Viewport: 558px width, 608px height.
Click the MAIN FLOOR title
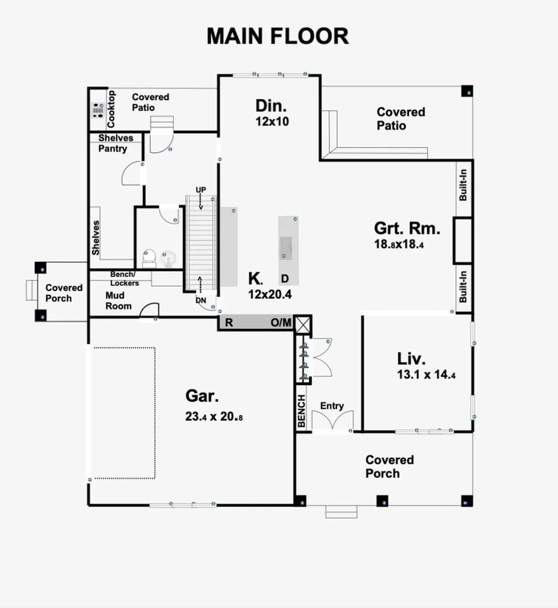277,36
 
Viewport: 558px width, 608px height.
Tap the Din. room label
271,106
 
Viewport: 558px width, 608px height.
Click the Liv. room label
411,359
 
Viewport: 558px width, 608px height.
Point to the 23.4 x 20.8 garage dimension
214,417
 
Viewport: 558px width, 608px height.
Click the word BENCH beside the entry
302,411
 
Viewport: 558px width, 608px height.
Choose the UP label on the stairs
201,189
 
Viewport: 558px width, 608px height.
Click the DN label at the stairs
201,300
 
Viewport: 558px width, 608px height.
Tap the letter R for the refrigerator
229,323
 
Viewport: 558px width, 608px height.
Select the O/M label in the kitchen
281,323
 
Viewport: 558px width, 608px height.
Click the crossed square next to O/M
303,324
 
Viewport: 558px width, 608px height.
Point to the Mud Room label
119,300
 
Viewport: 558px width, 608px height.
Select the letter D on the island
285,278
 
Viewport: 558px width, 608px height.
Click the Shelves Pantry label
115,143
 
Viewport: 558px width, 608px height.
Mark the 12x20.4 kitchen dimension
270,293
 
